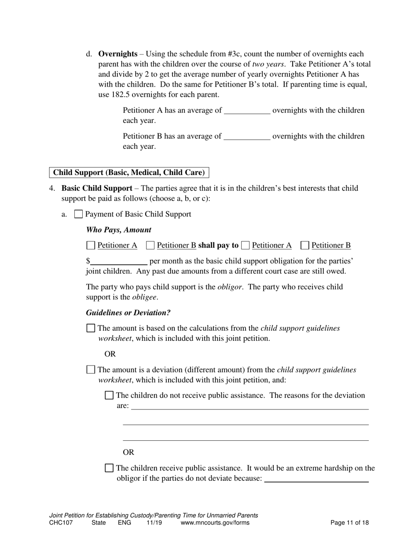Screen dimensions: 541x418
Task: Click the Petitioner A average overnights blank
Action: pos(247,111)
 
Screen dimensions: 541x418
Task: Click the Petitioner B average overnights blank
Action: pos(247,137)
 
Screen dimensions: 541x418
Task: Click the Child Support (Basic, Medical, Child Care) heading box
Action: pos(129,173)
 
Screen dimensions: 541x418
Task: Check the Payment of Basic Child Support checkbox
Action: pos(78,214)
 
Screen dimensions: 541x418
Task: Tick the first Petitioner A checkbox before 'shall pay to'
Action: pos(91,245)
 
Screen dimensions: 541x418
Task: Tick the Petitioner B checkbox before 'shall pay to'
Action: pos(150,245)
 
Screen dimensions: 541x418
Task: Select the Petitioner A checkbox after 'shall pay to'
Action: pos(246,245)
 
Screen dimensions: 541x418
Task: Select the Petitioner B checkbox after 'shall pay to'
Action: pos(305,245)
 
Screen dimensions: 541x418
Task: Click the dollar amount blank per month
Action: pos(119,261)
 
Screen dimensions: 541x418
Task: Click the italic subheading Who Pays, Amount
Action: pos(118,230)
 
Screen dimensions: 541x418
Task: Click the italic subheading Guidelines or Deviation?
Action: pos(128,313)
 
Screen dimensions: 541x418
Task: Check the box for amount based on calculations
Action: pos(91,328)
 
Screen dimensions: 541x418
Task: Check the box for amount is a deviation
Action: pos(91,370)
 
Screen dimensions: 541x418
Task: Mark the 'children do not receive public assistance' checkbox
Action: pos(109,395)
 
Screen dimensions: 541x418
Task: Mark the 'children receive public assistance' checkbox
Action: pos(109,468)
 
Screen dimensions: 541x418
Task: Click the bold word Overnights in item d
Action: pos(117,54)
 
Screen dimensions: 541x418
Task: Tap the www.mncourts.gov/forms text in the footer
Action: pos(215,523)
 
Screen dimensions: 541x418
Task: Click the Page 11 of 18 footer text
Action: pos(349,523)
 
